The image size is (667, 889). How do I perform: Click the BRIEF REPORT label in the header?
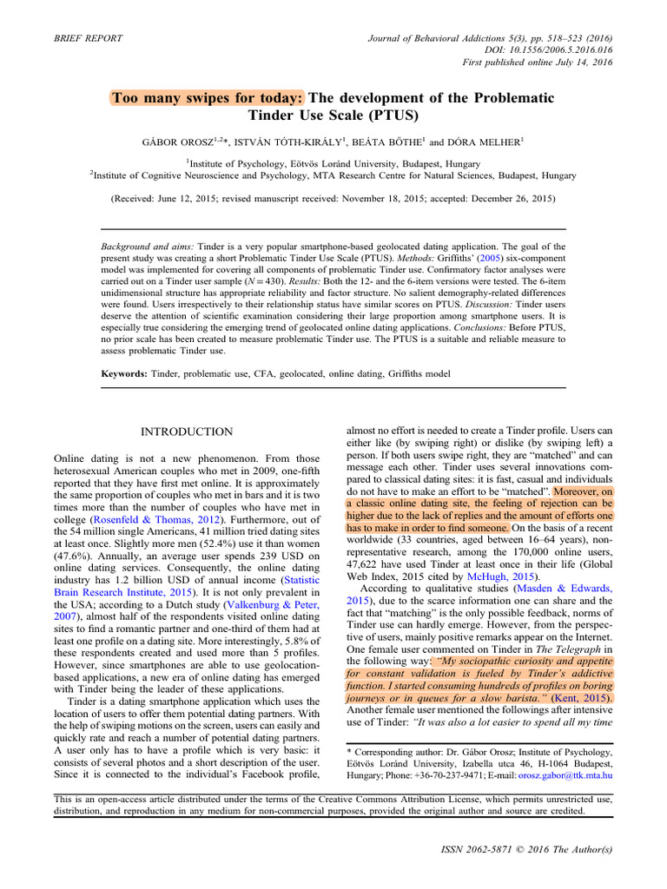(88, 38)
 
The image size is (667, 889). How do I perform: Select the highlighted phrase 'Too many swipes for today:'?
(208, 97)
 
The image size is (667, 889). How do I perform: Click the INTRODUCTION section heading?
(187, 431)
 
